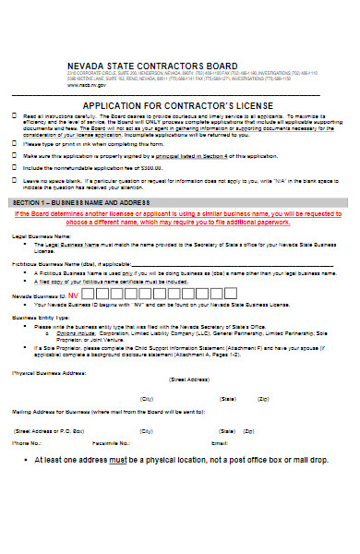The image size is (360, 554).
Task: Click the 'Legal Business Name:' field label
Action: pyautogui.click(x=42, y=236)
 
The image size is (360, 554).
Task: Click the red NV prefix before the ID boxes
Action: pyautogui.click(x=73, y=295)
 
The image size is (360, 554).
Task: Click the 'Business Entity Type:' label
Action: pyautogui.click(x=38, y=316)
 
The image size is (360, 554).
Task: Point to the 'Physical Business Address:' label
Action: pyautogui.click(x=48, y=374)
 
